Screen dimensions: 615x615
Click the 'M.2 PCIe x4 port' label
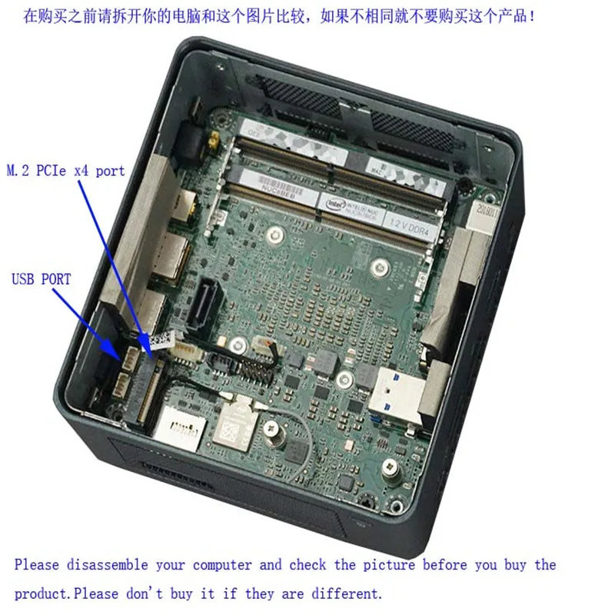click(66, 171)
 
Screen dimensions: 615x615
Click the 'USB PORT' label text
click(41, 279)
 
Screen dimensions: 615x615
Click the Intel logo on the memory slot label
click(336, 206)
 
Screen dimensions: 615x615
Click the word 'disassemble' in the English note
click(107, 565)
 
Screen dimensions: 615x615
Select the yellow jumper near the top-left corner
click(210, 144)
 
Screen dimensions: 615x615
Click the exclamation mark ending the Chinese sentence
click(533, 15)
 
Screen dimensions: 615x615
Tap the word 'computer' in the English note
click(222, 565)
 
